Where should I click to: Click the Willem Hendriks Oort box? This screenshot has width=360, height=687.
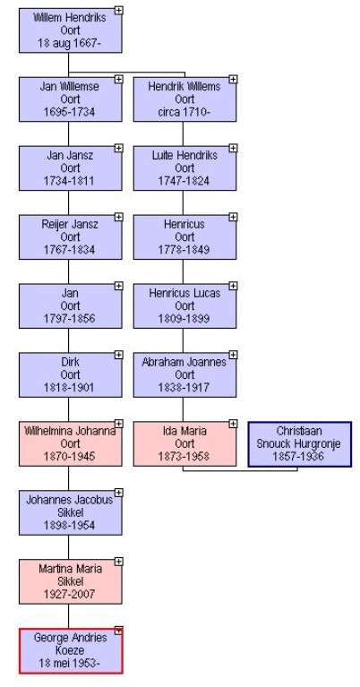[x=70, y=30]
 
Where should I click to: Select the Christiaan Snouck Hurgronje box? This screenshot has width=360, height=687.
[x=300, y=444]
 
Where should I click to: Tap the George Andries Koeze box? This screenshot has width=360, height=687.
[x=71, y=650]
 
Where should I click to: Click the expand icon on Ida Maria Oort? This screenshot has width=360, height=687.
[x=233, y=424]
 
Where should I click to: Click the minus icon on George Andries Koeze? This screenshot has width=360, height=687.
[x=119, y=631]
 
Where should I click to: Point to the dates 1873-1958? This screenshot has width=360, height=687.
[x=184, y=456]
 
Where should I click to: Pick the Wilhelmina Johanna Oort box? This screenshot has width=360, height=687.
[x=70, y=444]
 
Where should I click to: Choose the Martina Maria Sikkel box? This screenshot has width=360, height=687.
[x=70, y=582]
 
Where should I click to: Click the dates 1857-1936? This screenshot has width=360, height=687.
[x=299, y=456]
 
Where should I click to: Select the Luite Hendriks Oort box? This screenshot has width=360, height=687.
[x=184, y=168]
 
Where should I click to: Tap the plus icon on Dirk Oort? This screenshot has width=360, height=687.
[x=119, y=355]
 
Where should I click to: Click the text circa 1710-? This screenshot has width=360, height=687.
[x=184, y=112]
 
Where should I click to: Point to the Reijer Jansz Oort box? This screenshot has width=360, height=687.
[x=70, y=237]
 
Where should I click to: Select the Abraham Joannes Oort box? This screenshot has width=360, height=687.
[x=184, y=375]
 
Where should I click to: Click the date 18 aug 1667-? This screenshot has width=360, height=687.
[x=70, y=43]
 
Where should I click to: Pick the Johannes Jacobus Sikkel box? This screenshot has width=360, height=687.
[x=70, y=512]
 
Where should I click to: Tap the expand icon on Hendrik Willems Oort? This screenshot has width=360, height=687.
[x=233, y=80]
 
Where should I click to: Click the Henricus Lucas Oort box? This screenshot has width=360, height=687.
[x=184, y=305]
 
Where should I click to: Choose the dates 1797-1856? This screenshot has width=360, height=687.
[x=70, y=319]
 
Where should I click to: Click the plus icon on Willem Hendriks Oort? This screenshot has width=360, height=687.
[x=119, y=10]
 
